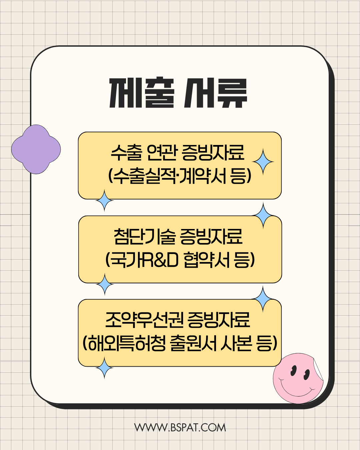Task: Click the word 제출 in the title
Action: [x=142, y=93]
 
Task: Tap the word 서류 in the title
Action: [x=215, y=93]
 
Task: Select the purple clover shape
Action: [x=36, y=149]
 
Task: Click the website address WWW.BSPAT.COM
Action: [x=180, y=428]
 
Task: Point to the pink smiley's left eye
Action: [x=293, y=370]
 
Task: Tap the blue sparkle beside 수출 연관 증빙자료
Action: [x=263, y=162]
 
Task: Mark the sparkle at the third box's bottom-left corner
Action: [x=105, y=368]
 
